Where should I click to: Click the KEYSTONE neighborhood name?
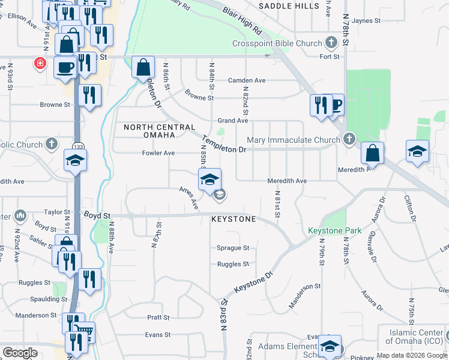point(234,220)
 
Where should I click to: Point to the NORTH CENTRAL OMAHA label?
point(160,132)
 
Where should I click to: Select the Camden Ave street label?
point(246,80)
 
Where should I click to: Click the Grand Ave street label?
point(233,121)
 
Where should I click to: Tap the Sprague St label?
point(233,248)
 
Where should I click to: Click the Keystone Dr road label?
point(253,281)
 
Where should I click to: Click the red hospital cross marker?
point(40,63)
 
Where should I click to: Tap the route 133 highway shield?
point(77,146)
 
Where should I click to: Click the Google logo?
point(20,352)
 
